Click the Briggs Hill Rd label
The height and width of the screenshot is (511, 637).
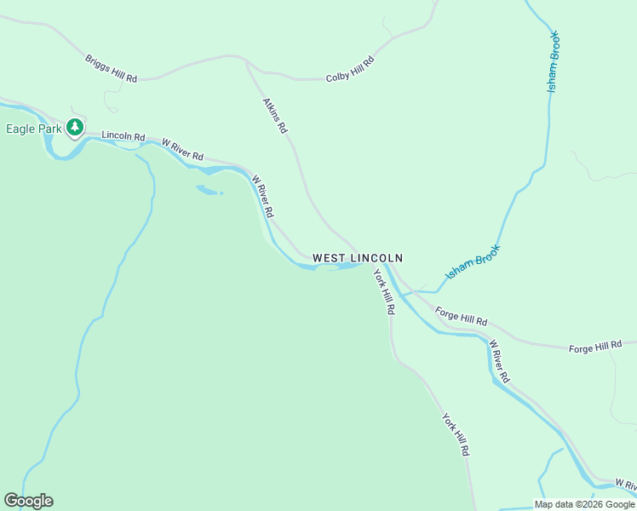(x=111, y=69)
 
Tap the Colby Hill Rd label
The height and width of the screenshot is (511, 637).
(x=350, y=69)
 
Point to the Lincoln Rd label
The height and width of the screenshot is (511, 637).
(x=123, y=136)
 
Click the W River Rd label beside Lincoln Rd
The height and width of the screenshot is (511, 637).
(x=182, y=150)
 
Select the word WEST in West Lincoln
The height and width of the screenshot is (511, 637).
(x=330, y=257)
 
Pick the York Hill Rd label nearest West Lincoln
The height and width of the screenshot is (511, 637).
(x=384, y=292)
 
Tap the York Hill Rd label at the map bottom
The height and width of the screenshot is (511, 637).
(x=456, y=433)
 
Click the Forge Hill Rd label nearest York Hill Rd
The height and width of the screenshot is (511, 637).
(x=461, y=317)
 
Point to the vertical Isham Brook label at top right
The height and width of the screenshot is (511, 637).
(x=554, y=62)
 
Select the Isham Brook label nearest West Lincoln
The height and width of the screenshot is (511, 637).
(x=473, y=262)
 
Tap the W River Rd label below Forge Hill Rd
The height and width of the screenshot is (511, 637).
(x=499, y=361)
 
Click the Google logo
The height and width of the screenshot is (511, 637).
(x=28, y=501)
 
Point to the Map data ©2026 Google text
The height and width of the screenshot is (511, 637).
(x=585, y=504)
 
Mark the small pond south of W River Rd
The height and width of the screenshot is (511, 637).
(x=208, y=189)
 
